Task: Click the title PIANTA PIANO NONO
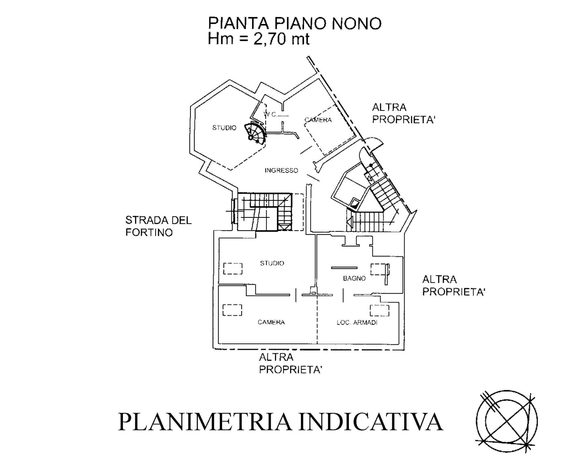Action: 295,23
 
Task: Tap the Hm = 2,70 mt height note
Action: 258,39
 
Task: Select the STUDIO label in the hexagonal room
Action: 224,128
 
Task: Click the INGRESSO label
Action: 281,170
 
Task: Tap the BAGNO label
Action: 354,278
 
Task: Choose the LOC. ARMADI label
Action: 357,323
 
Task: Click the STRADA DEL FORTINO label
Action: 158,226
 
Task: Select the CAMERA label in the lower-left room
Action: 271,322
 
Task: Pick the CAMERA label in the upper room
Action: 318,119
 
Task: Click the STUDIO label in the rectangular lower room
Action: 272,263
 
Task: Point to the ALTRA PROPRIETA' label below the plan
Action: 290,363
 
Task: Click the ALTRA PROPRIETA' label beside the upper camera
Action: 403,114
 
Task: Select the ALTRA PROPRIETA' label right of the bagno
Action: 454,285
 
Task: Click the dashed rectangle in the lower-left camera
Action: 232,310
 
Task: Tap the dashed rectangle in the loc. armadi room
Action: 380,311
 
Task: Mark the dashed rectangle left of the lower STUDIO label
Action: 233,269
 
